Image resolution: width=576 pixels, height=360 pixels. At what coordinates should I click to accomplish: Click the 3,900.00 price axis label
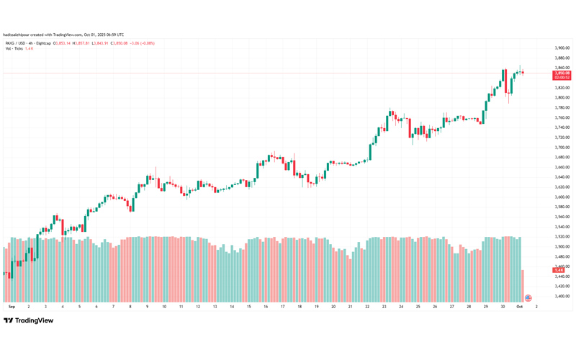click(562, 48)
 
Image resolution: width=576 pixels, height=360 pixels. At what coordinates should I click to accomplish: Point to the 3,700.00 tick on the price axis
click(562, 147)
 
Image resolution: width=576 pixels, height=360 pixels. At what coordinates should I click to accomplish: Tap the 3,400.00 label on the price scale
click(562, 296)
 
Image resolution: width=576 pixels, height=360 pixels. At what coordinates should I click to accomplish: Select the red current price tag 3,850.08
click(562, 73)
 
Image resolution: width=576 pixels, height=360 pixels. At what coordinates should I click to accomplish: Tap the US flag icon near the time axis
click(528, 297)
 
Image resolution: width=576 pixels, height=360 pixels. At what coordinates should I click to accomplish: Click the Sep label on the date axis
click(12, 306)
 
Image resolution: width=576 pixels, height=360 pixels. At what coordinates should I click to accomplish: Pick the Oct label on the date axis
click(520, 306)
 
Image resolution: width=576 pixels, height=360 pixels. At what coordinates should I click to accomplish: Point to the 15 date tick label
click(248, 306)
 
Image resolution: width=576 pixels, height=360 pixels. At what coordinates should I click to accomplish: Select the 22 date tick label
click(367, 306)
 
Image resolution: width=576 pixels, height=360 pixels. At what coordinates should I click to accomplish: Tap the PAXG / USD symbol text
click(15, 43)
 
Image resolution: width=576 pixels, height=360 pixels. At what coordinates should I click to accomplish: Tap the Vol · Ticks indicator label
click(16, 49)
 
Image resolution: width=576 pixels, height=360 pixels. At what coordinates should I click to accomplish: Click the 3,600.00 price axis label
click(562, 197)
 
